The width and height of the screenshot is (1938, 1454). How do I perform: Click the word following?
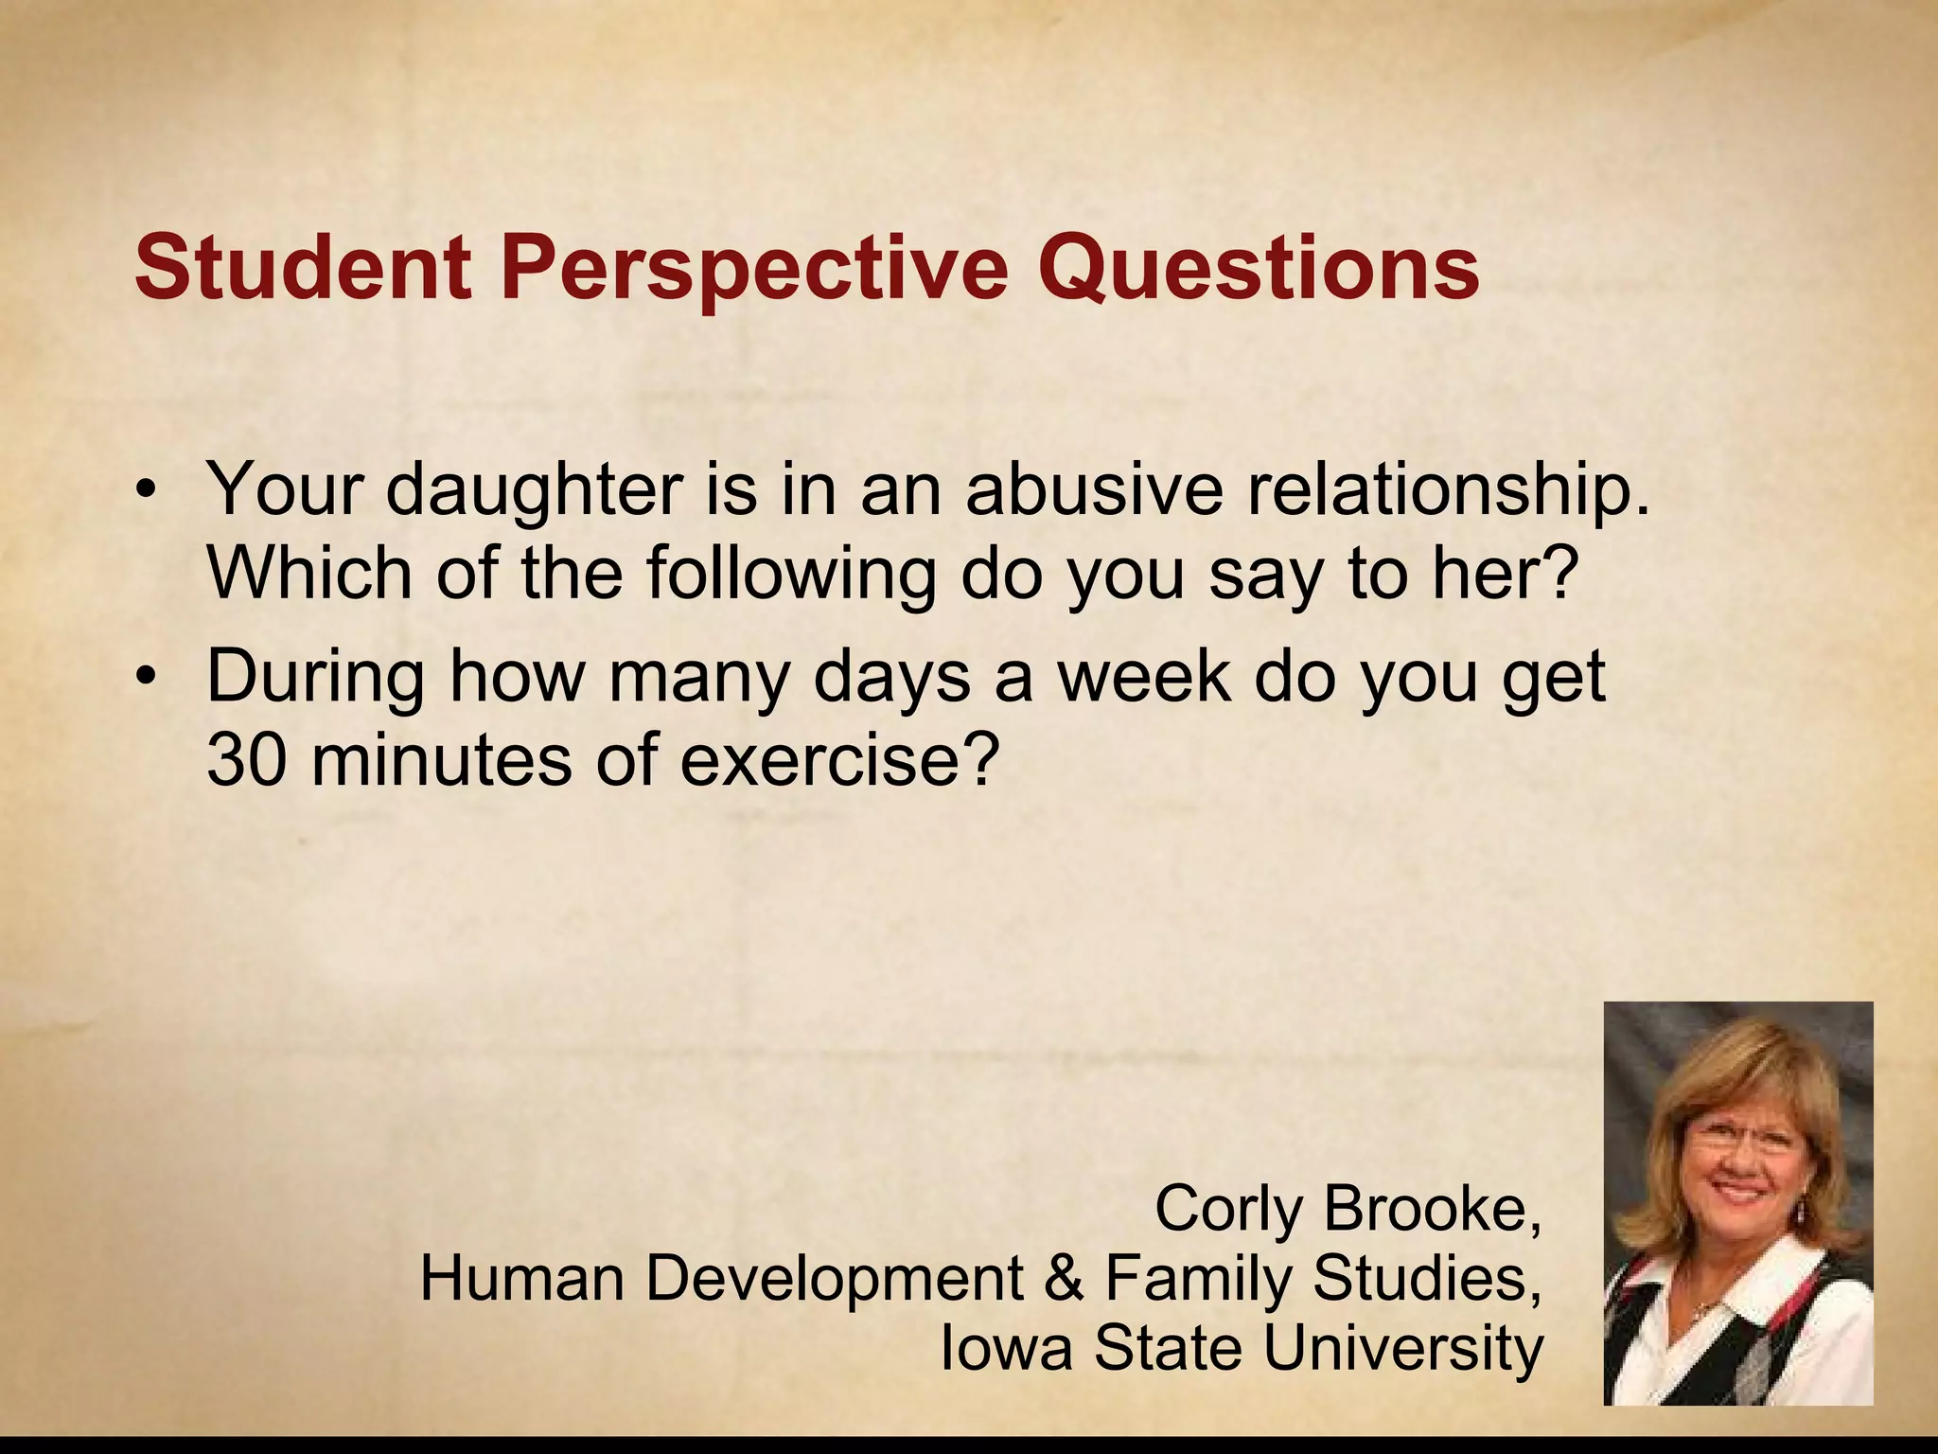pos(791,574)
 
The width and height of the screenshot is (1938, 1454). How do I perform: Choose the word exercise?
pos(838,759)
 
